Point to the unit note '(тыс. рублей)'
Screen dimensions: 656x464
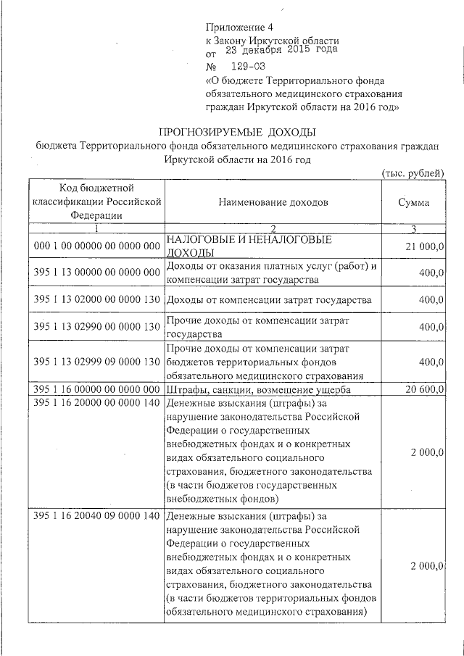click(x=413, y=172)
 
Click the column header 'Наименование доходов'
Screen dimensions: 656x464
click(x=273, y=202)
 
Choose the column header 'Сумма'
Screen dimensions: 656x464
click(x=413, y=202)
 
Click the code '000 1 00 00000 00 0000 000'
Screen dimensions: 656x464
click(x=96, y=246)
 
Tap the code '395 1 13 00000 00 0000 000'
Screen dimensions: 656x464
click(x=96, y=273)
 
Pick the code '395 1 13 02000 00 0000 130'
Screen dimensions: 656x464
click(x=96, y=299)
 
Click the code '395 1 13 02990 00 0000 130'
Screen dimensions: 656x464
click(x=96, y=326)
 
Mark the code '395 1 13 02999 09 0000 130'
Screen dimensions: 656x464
click(x=96, y=362)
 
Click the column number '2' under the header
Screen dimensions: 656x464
click(x=273, y=229)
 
